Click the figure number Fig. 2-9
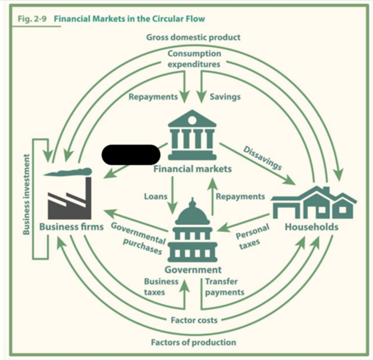32,19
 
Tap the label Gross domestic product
193,37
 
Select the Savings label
225,97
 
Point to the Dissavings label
263,158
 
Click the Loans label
156,196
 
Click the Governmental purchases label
139,238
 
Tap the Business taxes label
161,287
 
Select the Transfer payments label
225,287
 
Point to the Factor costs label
194,320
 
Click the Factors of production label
194,342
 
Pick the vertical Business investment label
26,194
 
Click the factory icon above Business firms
69,198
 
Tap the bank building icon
192,135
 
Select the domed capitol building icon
192,230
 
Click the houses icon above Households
314,202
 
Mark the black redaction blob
131,154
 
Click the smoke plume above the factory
68,172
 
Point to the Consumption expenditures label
194,59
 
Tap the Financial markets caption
192,169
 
